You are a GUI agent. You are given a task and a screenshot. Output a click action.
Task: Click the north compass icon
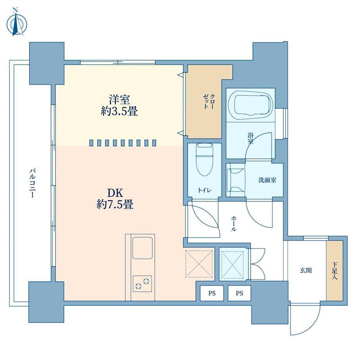(16, 22)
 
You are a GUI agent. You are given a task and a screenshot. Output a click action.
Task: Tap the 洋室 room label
(119, 100)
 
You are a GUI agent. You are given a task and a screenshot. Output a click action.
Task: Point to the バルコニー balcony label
(32, 183)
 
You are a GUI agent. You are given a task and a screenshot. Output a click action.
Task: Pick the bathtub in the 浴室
(253, 105)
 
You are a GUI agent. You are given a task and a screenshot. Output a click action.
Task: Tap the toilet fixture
(204, 160)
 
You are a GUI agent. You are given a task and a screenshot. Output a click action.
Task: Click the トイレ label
(205, 190)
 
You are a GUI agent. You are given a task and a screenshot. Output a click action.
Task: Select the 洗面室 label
(267, 180)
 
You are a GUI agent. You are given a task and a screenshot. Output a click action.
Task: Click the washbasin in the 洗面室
(236, 180)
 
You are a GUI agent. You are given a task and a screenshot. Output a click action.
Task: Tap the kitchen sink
(142, 248)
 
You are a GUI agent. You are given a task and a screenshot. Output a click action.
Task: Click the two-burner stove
(142, 284)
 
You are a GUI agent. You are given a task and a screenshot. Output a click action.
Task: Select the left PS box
(212, 293)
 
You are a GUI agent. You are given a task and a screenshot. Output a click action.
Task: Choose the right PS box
(239, 293)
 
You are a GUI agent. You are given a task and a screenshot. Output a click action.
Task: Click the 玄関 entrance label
(306, 270)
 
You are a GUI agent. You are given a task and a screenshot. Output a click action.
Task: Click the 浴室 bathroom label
(250, 138)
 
